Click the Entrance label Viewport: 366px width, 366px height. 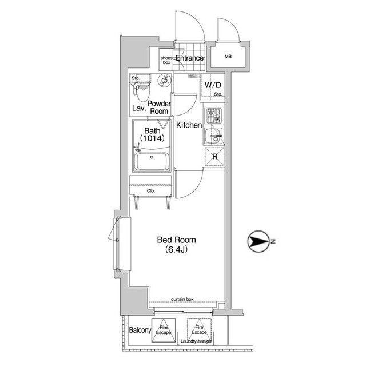[x=189, y=58]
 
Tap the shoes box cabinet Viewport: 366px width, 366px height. [x=166, y=59]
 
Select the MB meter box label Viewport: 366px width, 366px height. [x=228, y=56]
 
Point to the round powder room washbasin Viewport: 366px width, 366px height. [x=165, y=81]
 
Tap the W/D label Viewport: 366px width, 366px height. [x=213, y=85]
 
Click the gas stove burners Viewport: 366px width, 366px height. [x=213, y=116]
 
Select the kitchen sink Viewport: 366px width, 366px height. [x=213, y=136]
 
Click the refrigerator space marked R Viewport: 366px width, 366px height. [x=214, y=157]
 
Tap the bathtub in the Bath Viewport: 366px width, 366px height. [x=152, y=161]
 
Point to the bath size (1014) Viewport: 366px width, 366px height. [x=152, y=138]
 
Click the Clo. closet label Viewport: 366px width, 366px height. [x=151, y=191]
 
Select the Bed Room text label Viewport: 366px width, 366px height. [x=177, y=240]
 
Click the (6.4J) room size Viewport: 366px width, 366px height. [x=177, y=250]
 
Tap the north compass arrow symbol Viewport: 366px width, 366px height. [x=257, y=241]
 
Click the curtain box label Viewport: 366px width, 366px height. [x=182, y=299]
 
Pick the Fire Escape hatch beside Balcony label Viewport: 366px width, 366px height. [x=164, y=331]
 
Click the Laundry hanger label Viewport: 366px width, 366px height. [x=196, y=341]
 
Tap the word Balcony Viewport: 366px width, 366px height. [x=140, y=331]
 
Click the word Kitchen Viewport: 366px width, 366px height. [x=189, y=125]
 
